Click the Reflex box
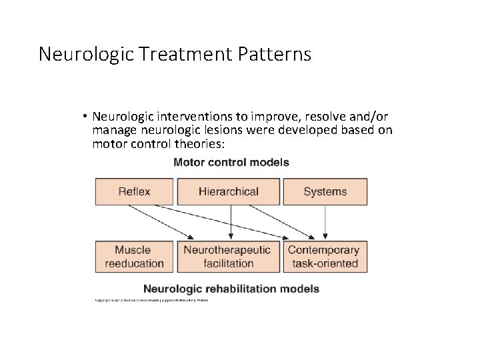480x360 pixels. tap(134, 191)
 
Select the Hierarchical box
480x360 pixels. tap(228, 191)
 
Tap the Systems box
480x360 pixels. tap(325, 191)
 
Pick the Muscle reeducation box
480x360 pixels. tap(134, 257)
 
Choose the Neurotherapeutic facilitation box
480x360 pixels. tap(228, 257)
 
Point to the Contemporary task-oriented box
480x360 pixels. tap(325, 257)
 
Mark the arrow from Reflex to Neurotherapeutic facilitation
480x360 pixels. tap(160, 221)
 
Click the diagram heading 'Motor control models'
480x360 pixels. tap(231, 162)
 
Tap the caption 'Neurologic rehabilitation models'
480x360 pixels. tap(231, 289)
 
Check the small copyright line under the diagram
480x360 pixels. tap(152, 301)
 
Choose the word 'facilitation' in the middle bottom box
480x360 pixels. tap(228, 263)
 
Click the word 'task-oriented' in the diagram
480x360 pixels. tap(325, 263)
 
